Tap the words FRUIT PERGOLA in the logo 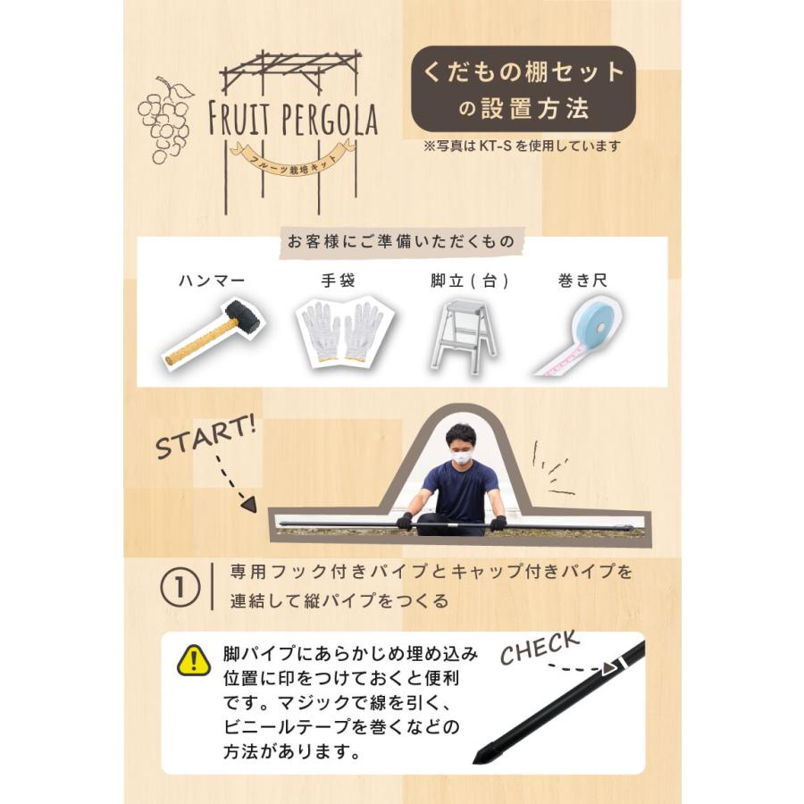293,118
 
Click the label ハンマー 211,281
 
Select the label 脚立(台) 469,281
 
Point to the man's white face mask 460,456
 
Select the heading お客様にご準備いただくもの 402,240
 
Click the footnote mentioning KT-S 523,146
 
